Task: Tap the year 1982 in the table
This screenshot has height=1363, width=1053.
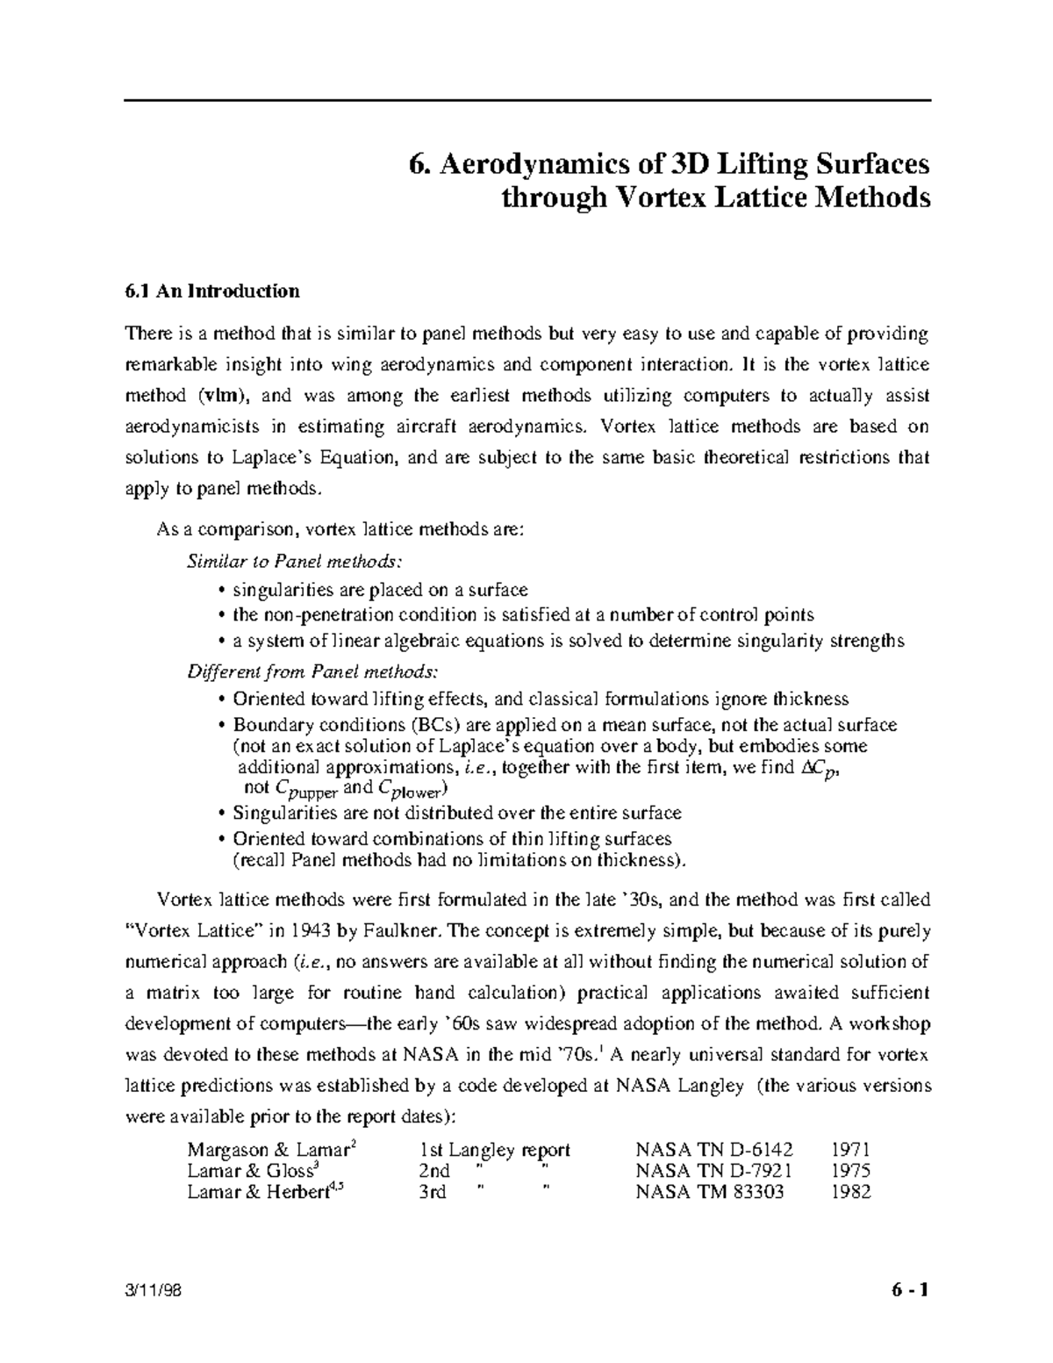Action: [850, 1192]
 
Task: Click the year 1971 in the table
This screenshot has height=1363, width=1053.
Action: [850, 1150]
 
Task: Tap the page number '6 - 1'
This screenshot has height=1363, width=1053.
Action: [905, 1292]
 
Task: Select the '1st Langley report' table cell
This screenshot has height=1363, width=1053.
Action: [495, 1150]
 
